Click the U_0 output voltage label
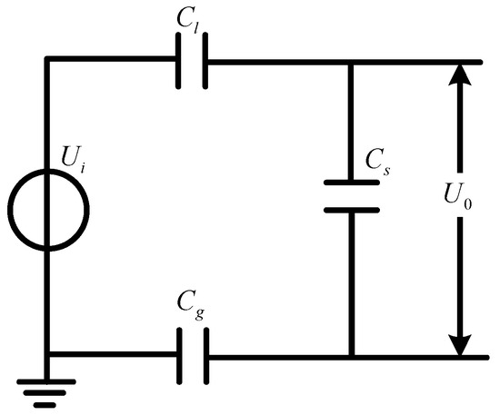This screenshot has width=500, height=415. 436,198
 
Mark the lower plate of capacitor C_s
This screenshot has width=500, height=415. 351,209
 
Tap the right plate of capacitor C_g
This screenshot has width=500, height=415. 205,356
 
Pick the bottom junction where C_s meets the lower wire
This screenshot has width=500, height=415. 351,356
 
